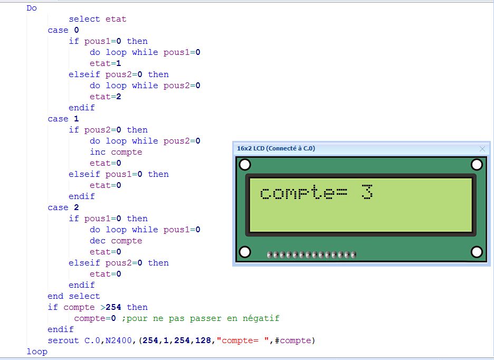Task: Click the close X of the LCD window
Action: coord(482,149)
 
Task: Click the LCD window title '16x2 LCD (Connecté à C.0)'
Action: coord(275,149)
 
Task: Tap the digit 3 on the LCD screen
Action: coord(367,192)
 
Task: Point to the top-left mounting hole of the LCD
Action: coord(245,165)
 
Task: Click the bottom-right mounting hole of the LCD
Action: coord(477,252)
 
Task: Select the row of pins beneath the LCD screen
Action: coord(311,255)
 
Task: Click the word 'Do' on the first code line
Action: coord(32,8)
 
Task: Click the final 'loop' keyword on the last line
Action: coord(37,352)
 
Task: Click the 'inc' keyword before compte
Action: coord(98,152)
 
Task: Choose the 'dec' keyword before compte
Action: coord(98,241)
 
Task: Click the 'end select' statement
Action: coord(73,296)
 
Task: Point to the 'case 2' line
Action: coord(63,207)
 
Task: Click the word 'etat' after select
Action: coord(116,19)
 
